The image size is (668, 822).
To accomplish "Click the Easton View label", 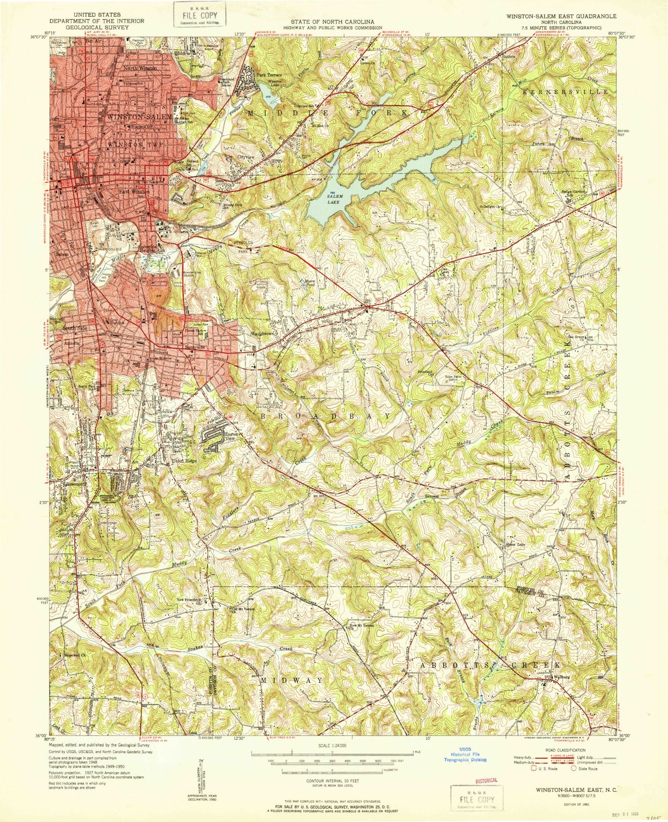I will (x=232, y=437).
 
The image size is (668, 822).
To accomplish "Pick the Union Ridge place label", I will (x=184, y=461).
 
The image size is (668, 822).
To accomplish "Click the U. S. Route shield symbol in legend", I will (x=534, y=768).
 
